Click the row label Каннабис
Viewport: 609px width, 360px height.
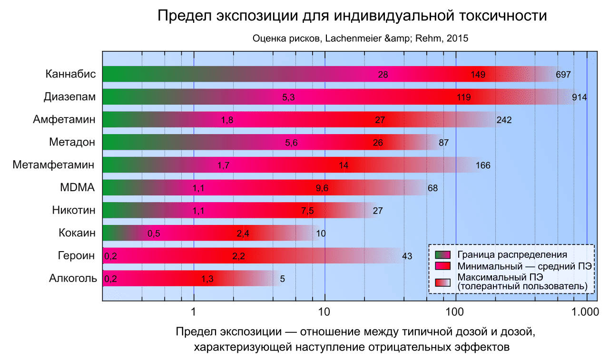point(71,74)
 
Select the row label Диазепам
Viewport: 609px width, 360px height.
point(69,97)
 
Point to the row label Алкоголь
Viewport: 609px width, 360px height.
point(73,279)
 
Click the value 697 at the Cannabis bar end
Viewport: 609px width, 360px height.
point(563,75)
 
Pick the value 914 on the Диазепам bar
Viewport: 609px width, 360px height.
point(579,97)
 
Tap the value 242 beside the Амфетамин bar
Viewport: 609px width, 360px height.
point(503,120)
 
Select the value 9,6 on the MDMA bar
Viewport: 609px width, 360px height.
point(322,188)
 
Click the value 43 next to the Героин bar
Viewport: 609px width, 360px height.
point(407,256)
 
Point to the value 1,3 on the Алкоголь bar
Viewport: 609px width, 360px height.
point(207,279)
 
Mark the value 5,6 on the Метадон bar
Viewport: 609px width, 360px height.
point(291,143)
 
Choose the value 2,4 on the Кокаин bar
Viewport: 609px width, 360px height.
point(243,234)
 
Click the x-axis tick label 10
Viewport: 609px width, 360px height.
point(324,312)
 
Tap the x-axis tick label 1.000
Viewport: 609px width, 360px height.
point(585,312)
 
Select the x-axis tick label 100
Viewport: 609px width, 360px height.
point(455,312)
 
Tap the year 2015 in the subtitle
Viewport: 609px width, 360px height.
point(458,39)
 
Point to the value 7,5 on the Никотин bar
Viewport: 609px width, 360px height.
point(307,211)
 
